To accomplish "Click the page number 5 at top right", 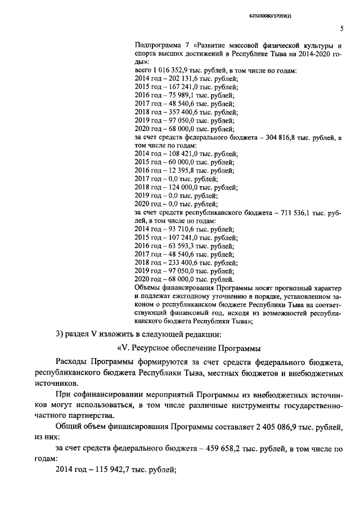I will click(x=341, y=29).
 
